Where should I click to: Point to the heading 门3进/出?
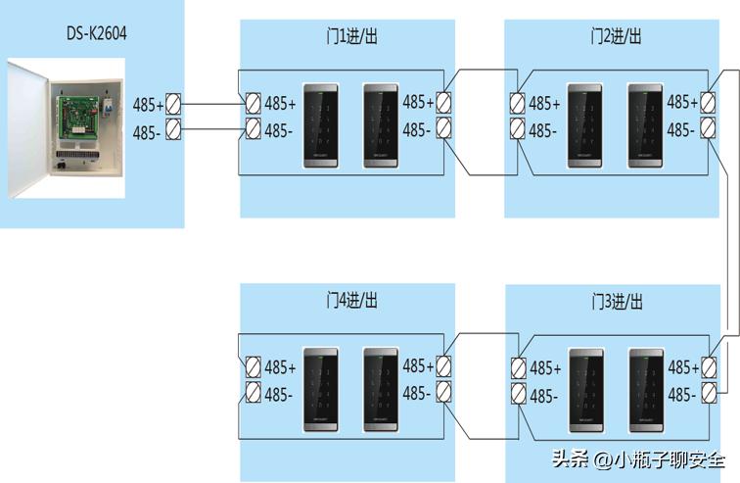point(616,300)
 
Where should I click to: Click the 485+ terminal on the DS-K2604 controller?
point(173,103)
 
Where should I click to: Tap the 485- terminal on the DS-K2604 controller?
point(173,129)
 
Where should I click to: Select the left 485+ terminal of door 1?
point(253,103)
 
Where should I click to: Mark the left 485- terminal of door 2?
point(518,129)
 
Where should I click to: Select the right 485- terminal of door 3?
point(710,394)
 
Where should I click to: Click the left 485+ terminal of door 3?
point(518,367)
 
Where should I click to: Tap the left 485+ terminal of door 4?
point(253,367)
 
